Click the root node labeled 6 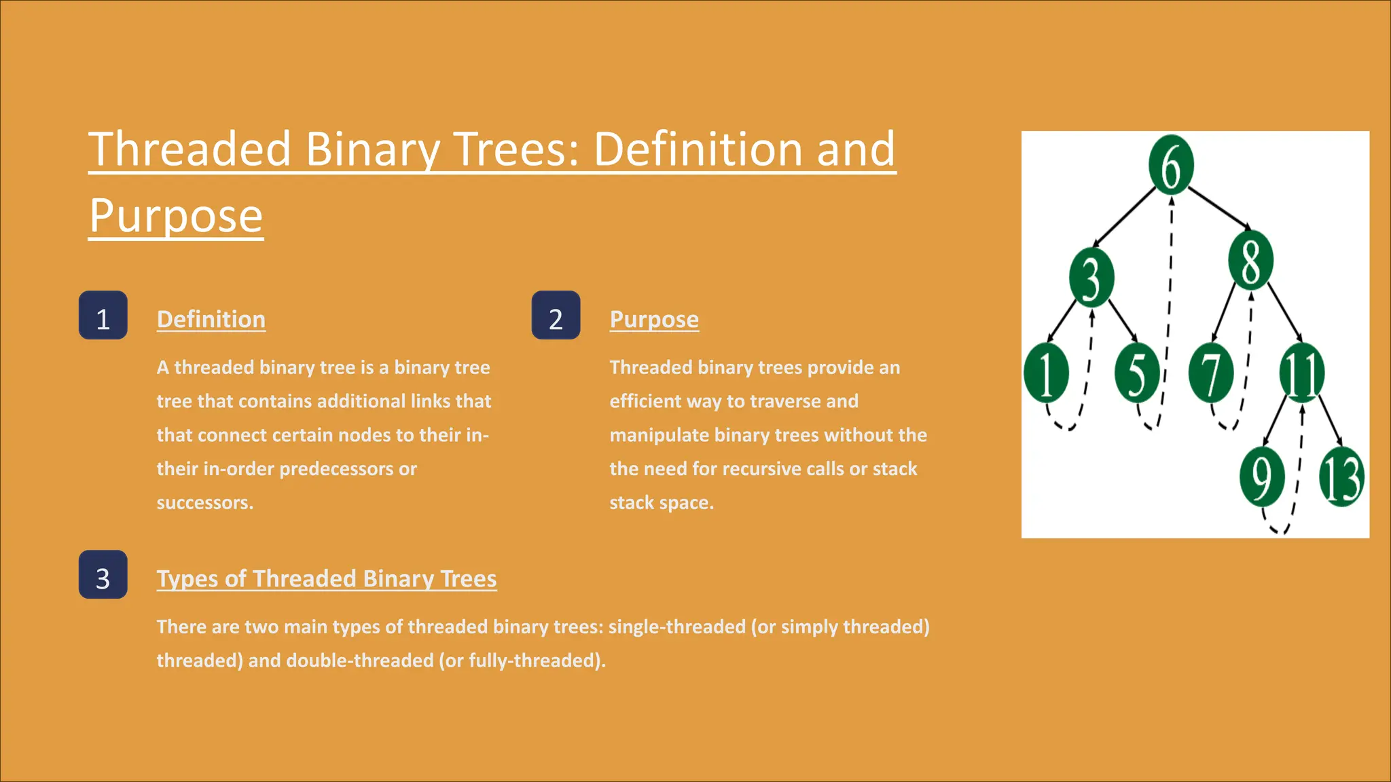(1171, 165)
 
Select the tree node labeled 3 (1091, 277)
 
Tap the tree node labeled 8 (1250, 261)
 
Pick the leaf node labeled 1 (1046, 373)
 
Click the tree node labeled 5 (1137, 373)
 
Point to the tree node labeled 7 (1210, 373)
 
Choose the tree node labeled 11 (1301, 373)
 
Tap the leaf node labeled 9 (1261, 477)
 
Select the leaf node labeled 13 (1341, 477)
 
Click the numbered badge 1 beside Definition (103, 316)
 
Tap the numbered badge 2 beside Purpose (556, 316)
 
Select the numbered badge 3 (103, 575)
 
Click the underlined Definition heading (211, 319)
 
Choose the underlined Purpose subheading (654, 319)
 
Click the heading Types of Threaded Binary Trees (327, 578)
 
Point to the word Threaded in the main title (190, 149)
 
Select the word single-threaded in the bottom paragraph (676, 627)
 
